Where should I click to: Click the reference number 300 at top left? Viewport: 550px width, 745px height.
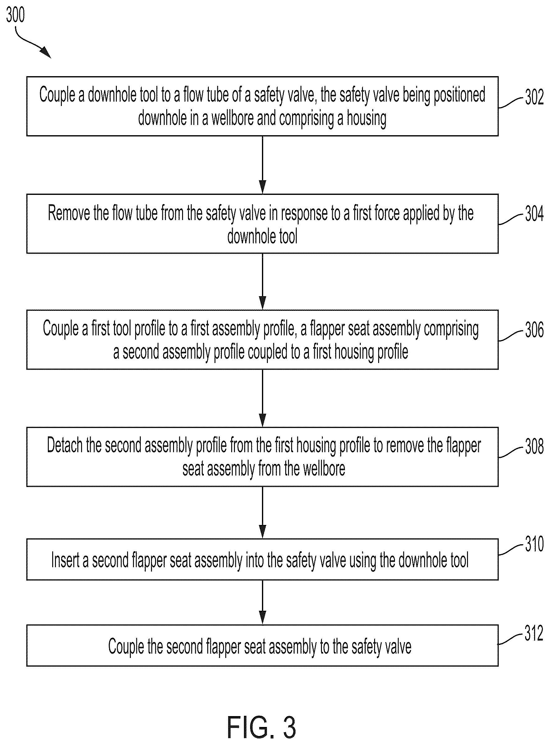[x=15, y=15]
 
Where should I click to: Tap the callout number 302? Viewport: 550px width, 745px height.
[x=534, y=97]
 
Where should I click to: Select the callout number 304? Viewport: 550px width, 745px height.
[x=534, y=214]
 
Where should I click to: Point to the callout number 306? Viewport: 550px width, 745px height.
[x=534, y=330]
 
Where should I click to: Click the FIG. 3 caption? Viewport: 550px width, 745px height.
[x=261, y=728]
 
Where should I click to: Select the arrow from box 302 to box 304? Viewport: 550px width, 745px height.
[x=262, y=165]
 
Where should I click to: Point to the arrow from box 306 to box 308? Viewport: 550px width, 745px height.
[x=262, y=398]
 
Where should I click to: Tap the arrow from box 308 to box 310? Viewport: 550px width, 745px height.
[x=262, y=513]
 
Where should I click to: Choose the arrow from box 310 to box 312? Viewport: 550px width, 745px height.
[x=262, y=602]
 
